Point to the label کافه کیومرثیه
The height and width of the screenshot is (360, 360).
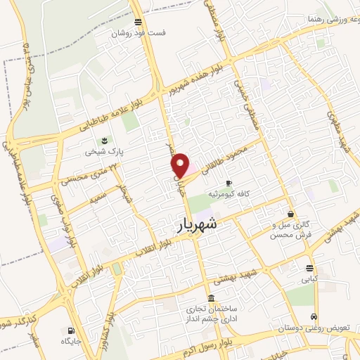229,193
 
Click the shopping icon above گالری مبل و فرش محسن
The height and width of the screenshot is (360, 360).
291,214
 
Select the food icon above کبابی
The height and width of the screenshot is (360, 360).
309,267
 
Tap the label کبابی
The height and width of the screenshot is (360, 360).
309,278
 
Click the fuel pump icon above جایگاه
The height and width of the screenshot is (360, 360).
70,330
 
